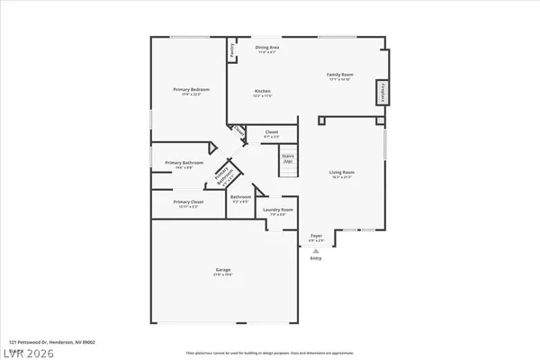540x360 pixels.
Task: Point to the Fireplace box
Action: pyautogui.click(x=382, y=91)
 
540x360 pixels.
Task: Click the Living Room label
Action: pyautogui.click(x=341, y=172)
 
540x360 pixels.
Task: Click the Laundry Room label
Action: pyautogui.click(x=274, y=210)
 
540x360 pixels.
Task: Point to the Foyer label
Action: pyautogui.click(x=316, y=236)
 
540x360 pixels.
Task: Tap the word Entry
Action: pyautogui.click(x=316, y=258)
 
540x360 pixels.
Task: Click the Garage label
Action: pyautogui.click(x=222, y=269)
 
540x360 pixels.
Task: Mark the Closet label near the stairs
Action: pyautogui.click(x=271, y=132)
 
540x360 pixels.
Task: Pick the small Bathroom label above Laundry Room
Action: pyautogui.click(x=240, y=196)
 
